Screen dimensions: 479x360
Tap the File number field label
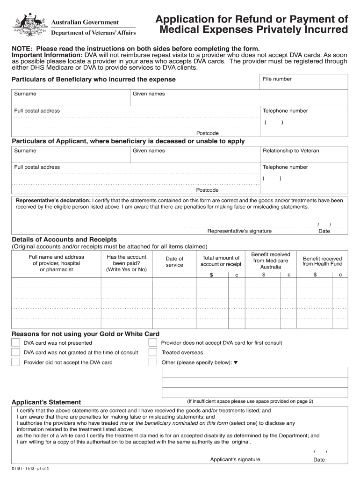coord(277,79)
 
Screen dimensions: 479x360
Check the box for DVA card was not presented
coord(16,343)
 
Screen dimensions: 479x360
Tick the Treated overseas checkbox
coord(153,352)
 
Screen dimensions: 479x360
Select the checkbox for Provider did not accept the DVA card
coord(16,362)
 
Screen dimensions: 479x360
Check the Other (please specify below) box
coord(153,362)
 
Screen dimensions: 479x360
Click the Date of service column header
coord(174,262)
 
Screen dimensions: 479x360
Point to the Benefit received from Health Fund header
coord(322,261)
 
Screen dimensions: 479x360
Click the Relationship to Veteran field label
coord(291,151)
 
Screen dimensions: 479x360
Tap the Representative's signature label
coord(239,231)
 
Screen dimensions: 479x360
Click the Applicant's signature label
coord(235,459)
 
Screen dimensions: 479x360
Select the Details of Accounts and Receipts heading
coord(64,239)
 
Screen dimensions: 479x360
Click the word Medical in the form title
coord(183,30)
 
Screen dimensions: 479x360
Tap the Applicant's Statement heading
coord(46,402)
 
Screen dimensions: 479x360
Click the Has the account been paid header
coord(126,263)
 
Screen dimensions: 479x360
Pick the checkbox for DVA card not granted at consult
coord(16,352)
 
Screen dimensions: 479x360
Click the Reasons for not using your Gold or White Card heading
coord(85,334)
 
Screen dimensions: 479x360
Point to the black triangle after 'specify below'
coord(236,363)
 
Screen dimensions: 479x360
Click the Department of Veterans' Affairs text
coord(94,33)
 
